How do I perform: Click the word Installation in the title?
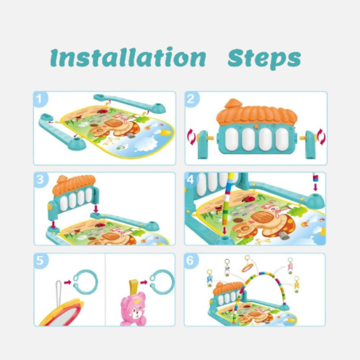pyautogui.click(x=128, y=57)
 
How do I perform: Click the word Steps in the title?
pyautogui.click(x=264, y=59)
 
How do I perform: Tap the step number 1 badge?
pyautogui.click(x=40, y=99)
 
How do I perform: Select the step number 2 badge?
pyautogui.click(x=191, y=99)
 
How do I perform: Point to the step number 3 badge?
pyautogui.click(x=41, y=180)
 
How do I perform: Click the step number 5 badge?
pyautogui.click(x=41, y=261)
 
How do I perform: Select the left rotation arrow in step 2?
pyautogui.click(x=191, y=137)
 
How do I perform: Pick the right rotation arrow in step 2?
pyautogui.click(x=321, y=137)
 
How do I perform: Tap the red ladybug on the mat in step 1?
pyautogui.click(x=103, y=111)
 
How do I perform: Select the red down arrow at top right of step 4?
pyautogui.click(x=316, y=187)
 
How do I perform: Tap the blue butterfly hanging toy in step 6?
pyautogui.click(x=210, y=279)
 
